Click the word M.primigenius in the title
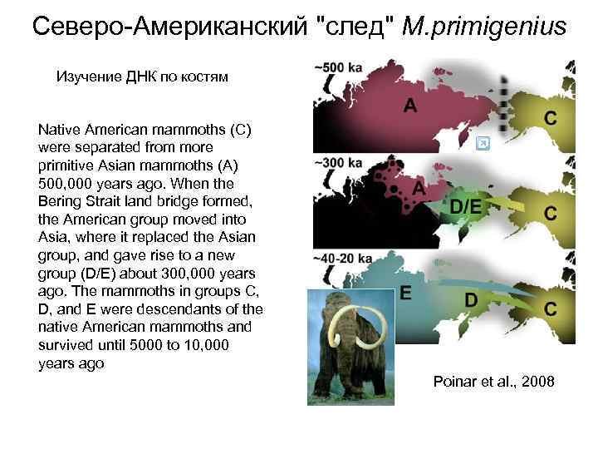coord(483,27)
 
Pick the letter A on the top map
coord(410,106)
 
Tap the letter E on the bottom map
coord(405,292)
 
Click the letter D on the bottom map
coord(470,299)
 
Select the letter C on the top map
coord(551,117)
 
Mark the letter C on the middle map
coord(551,214)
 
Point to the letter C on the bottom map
coord(551,309)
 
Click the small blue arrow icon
coord(483,144)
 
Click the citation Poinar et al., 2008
coord(493,381)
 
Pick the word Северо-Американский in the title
coord(174,27)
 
